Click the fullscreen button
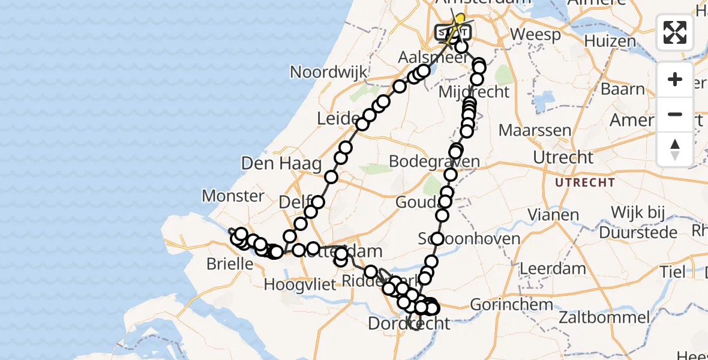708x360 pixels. tap(675, 32)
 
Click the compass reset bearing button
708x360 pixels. tap(675, 149)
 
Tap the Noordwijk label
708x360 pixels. tap(328, 72)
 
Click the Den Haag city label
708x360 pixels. tap(281, 163)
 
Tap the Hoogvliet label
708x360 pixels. tap(300, 284)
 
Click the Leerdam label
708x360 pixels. tap(544, 268)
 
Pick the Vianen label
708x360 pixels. tap(554, 215)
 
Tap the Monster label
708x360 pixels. tap(233, 196)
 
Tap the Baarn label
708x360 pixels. tap(622, 89)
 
